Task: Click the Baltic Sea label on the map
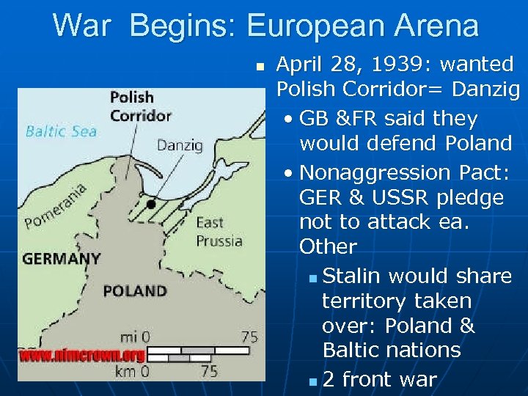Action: point(61,132)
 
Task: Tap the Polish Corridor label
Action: point(140,106)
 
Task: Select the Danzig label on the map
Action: point(179,145)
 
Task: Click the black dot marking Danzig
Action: point(150,204)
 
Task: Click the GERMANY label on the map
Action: point(61,259)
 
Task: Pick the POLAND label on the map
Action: point(134,290)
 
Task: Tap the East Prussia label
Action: point(219,231)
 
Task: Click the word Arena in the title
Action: point(437,26)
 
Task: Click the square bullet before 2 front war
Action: point(313,381)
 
